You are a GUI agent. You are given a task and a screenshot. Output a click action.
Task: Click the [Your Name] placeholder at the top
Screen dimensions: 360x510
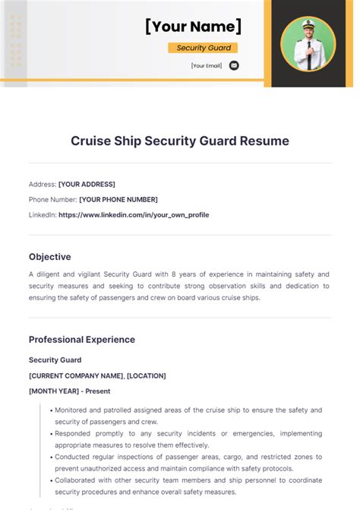click(194, 27)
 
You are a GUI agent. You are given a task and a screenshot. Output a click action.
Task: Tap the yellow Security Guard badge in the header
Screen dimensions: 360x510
click(202, 48)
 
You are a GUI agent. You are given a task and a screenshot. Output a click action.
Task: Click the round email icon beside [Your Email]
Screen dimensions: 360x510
click(234, 65)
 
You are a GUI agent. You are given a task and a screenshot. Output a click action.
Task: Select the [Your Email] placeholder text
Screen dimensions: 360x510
click(207, 65)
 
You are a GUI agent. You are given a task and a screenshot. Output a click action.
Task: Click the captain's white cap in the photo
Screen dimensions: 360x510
click(308, 26)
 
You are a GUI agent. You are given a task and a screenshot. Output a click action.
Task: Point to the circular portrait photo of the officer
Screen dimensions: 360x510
click(308, 43)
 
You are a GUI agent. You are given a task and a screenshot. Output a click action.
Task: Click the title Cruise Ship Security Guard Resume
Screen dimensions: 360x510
click(180, 141)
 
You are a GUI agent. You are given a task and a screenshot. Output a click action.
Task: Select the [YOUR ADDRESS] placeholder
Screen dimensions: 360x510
click(87, 184)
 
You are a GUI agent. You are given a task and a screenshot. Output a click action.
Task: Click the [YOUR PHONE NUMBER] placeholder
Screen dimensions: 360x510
click(118, 199)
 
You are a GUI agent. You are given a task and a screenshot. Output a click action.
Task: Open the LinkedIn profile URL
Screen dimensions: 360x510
click(134, 214)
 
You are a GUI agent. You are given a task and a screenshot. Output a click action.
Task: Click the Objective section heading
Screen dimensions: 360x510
click(50, 257)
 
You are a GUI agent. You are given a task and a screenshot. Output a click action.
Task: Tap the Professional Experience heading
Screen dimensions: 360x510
click(82, 340)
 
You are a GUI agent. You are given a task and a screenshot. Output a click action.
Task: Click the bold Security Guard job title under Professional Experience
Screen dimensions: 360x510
click(55, 360)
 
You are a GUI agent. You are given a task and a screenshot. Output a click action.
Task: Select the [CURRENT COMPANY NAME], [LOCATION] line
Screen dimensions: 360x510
click(97, 375)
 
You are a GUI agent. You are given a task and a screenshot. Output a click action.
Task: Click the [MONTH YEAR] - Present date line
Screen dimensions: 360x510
click(69, 391)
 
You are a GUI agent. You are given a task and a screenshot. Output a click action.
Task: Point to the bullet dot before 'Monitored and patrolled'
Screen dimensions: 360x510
click(51, 410)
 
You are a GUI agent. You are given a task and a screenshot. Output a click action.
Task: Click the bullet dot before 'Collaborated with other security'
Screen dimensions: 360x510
click(51, 480)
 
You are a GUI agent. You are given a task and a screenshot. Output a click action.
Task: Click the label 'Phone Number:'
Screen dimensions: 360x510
click(52, 199)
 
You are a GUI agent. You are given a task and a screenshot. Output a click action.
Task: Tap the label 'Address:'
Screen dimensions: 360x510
click(43, 184)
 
